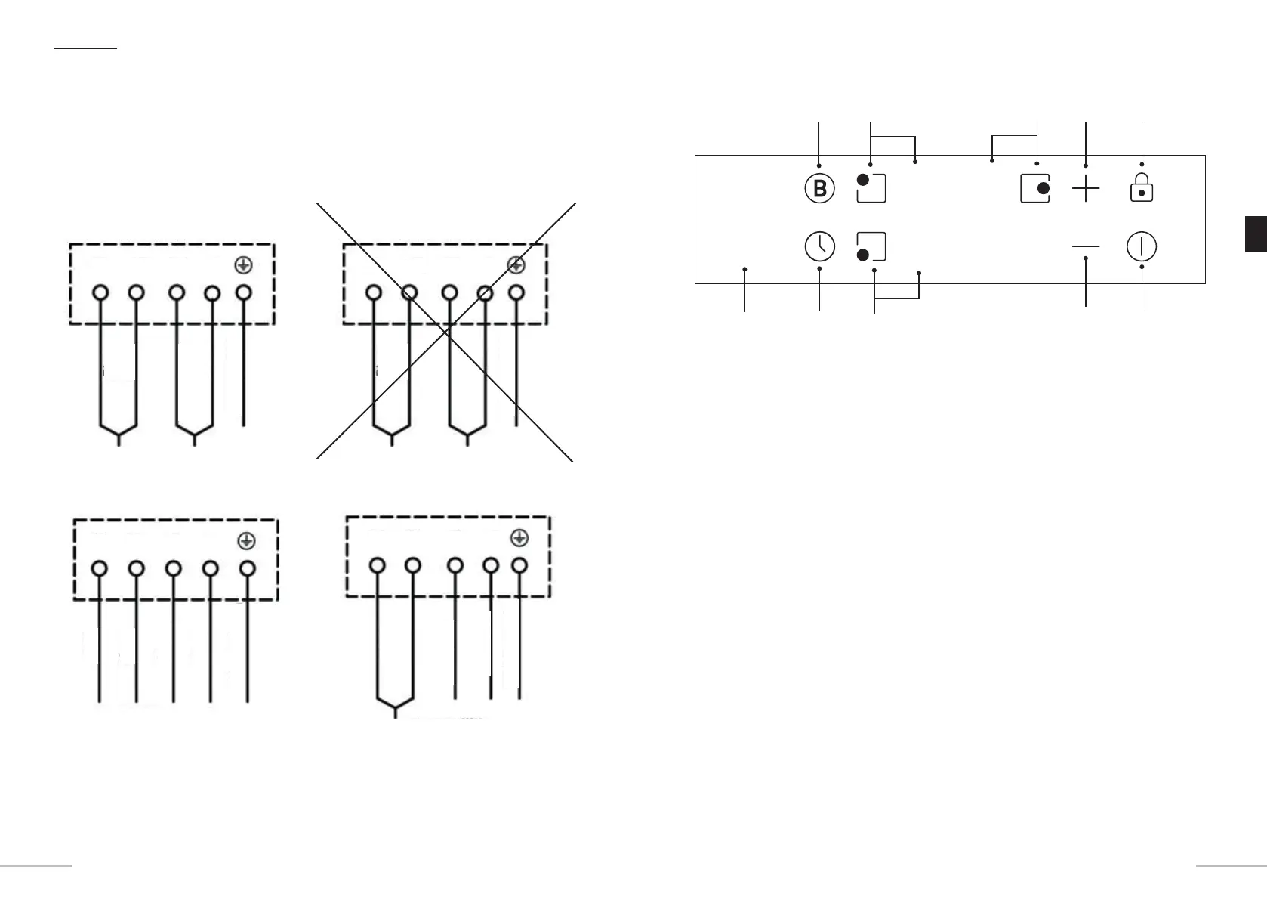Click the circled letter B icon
pyautogui.click(x=819, y=188)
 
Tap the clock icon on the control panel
pyautogui.click(x=819, y=246)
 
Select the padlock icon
pyautogui.click(x=1142, y=187)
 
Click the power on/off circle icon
pyautogui.click(x=1142, y=246)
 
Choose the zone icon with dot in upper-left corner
pyautogui.click(x=871, y=188)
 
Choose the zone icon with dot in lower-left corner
pyautogui.click(x=871, y=246)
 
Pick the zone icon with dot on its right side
pyautogui.click(x=1034, y=188)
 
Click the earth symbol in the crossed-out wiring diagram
pyautogui.click(x=516, y=265)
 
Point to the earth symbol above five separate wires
pyautogui.click(x=246, y=541)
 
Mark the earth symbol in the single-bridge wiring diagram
pyautogui.click(x=519, y=538)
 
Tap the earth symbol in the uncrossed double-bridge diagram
pyautogui.click(x=243, y=265)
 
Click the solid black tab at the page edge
pyautogui.click(x=1256, y=234)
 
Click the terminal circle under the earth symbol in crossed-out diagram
pyautogui.click(x=516, y=292)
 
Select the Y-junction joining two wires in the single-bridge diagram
pyautogui.click(x=395, y=706)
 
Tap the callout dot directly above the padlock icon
pyautogui.click(x=1142, y=164)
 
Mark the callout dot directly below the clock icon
pyautogui.click(x=819, y=268)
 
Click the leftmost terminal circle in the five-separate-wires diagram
pyautogui.click(x=99, y=569)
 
